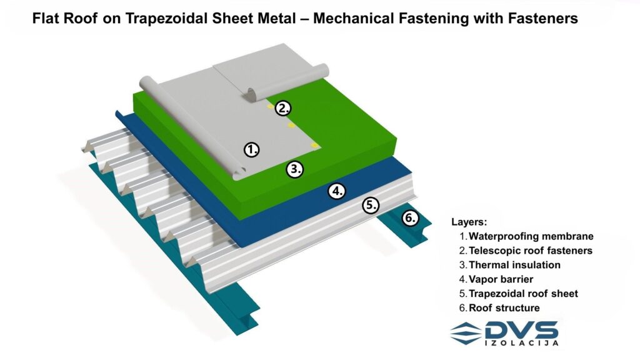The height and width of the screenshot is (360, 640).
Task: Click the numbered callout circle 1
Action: pyautogui.click(x=251, y=150)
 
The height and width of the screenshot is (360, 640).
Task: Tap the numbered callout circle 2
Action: pyautogui.click(x=283, y=108)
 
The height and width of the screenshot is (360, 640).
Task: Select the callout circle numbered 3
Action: pyautogui.click(x=295, y=169)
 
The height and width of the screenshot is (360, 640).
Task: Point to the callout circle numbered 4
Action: pyautogui.click(x=337, y=191)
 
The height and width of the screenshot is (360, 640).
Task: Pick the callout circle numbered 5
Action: pyautogui.click(x=371, y=205)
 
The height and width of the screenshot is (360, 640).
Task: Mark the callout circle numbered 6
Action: pyautogui.click(x=410, y=218)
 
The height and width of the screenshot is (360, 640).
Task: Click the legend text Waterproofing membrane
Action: pyautogui.click(x=531, y=236)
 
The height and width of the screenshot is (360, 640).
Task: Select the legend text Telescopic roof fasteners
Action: pyautogui.click(x=531, y=251)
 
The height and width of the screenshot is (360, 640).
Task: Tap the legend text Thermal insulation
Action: pyautogui.click(x=514, y=265)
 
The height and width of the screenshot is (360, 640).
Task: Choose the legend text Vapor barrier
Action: pyautogui.click(x=501, y=279)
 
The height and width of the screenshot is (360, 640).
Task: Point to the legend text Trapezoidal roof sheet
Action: pyautogui.click(x=523, y=294)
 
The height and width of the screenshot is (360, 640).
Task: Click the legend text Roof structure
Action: pyautogui.click(x=504, y=307)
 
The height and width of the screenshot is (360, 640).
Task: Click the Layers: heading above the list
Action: pyautogui.click(x=469, y=222)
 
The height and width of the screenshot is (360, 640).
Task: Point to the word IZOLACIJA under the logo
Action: pyautogui.click(x=522, y=343)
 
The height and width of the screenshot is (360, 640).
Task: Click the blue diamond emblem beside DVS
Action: pyautogui.click(x=466, y=333)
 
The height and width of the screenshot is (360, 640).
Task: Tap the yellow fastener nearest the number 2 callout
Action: pyautogui.click(x=271, y=106)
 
